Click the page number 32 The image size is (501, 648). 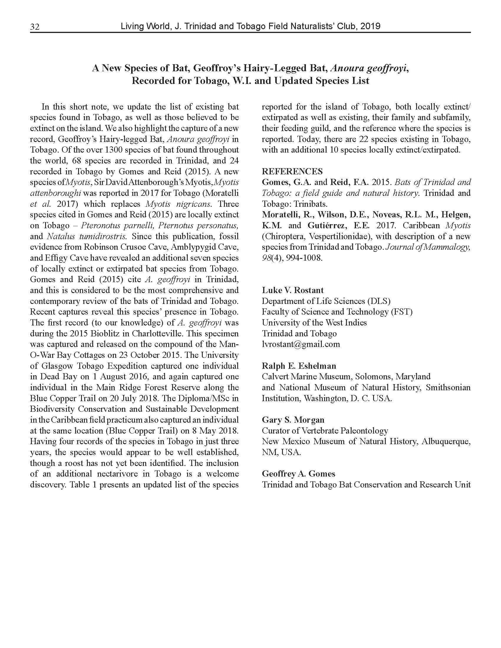click(x=35, y=27)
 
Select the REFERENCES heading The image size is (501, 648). click(x=292, y=171)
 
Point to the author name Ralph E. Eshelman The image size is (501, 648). click(x=299, y=366)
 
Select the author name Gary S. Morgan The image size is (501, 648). click(x=293, y=420)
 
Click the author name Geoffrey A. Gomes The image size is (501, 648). click(x=298, y=474)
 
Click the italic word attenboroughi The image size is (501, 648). click(x=55, y=193)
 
